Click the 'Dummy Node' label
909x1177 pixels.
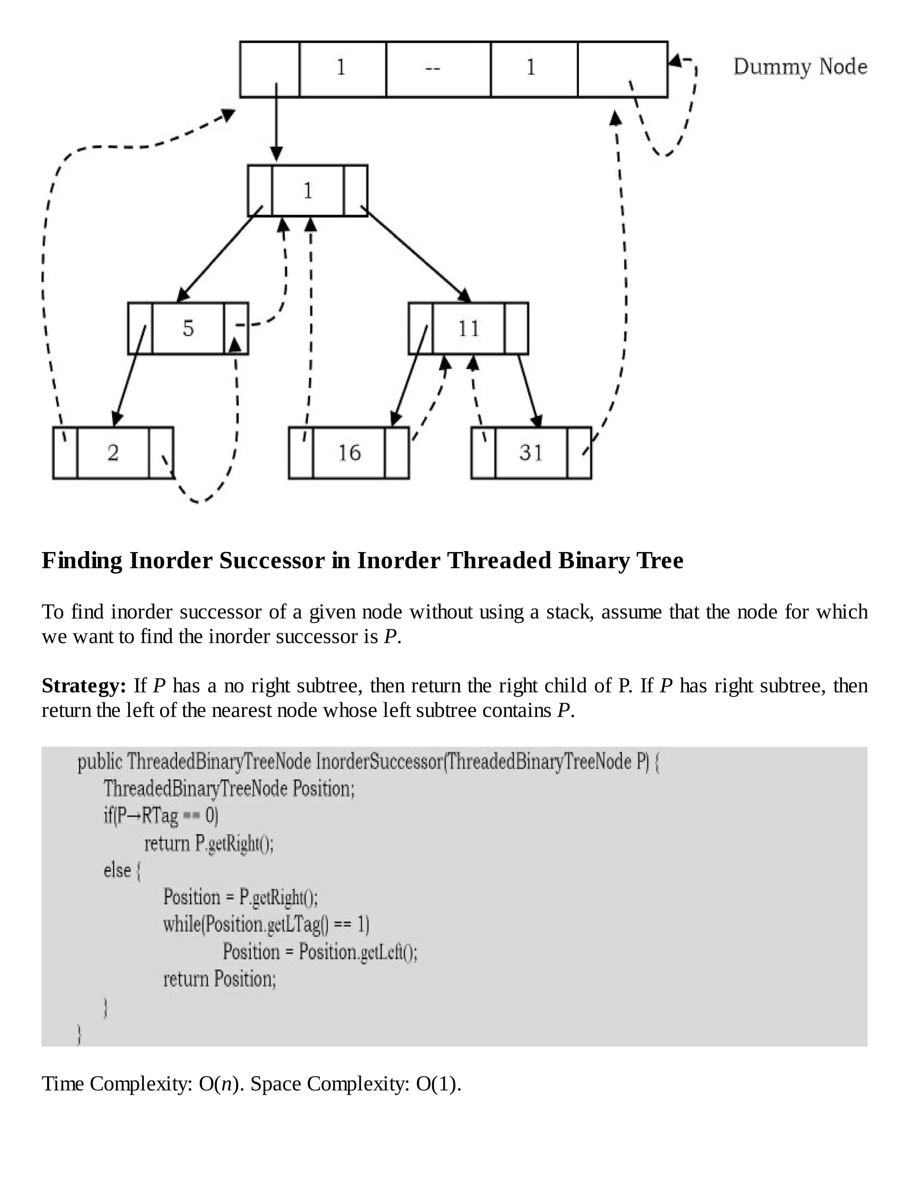800,67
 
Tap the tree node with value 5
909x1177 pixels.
188,328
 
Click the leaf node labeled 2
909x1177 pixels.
113,453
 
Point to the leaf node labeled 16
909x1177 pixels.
349,453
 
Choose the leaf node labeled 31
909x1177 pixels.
531,453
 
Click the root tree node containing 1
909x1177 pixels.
308,191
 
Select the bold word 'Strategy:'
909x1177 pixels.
84,686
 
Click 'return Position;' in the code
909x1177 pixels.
219,978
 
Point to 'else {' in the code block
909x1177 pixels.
122,870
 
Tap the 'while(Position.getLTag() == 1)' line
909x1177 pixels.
266,924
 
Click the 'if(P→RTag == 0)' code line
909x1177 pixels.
161,815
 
